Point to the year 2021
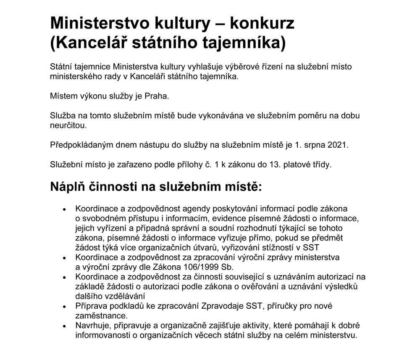pyautogui.click(x=339, y=145)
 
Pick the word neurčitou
pyautogui.click(x=69, y=125)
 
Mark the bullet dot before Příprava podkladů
pyautogui.click(x=64, y=307)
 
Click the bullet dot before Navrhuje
pyautogui.click(x=64, y=326)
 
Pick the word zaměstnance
pyautogui.click(x=101, y=315)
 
